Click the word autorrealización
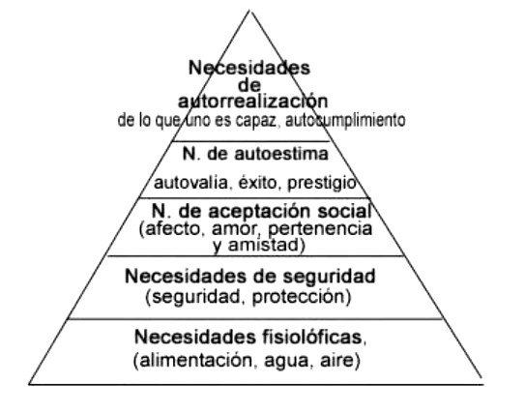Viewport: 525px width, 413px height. tap(252, 101)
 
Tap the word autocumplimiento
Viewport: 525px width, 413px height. tap(345, 120)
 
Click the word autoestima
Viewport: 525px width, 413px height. tap(281, 154)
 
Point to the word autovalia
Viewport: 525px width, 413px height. tap(190, 183)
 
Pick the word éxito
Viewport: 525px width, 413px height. tap(257, 183)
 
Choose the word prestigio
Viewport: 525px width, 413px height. tap(322, 183)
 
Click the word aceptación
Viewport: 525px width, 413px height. tap(259, 212)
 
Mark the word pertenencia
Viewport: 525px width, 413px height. tap(320, 229)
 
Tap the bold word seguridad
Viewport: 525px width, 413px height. tap(329, 277)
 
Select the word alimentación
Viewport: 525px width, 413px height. tap(196, 360)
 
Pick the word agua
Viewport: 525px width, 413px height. tap(286, 362)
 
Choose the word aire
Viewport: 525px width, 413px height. tap(336, 360)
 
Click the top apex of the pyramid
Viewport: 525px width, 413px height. tap(249, 11)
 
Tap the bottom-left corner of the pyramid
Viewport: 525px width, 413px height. tap(29, 384)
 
